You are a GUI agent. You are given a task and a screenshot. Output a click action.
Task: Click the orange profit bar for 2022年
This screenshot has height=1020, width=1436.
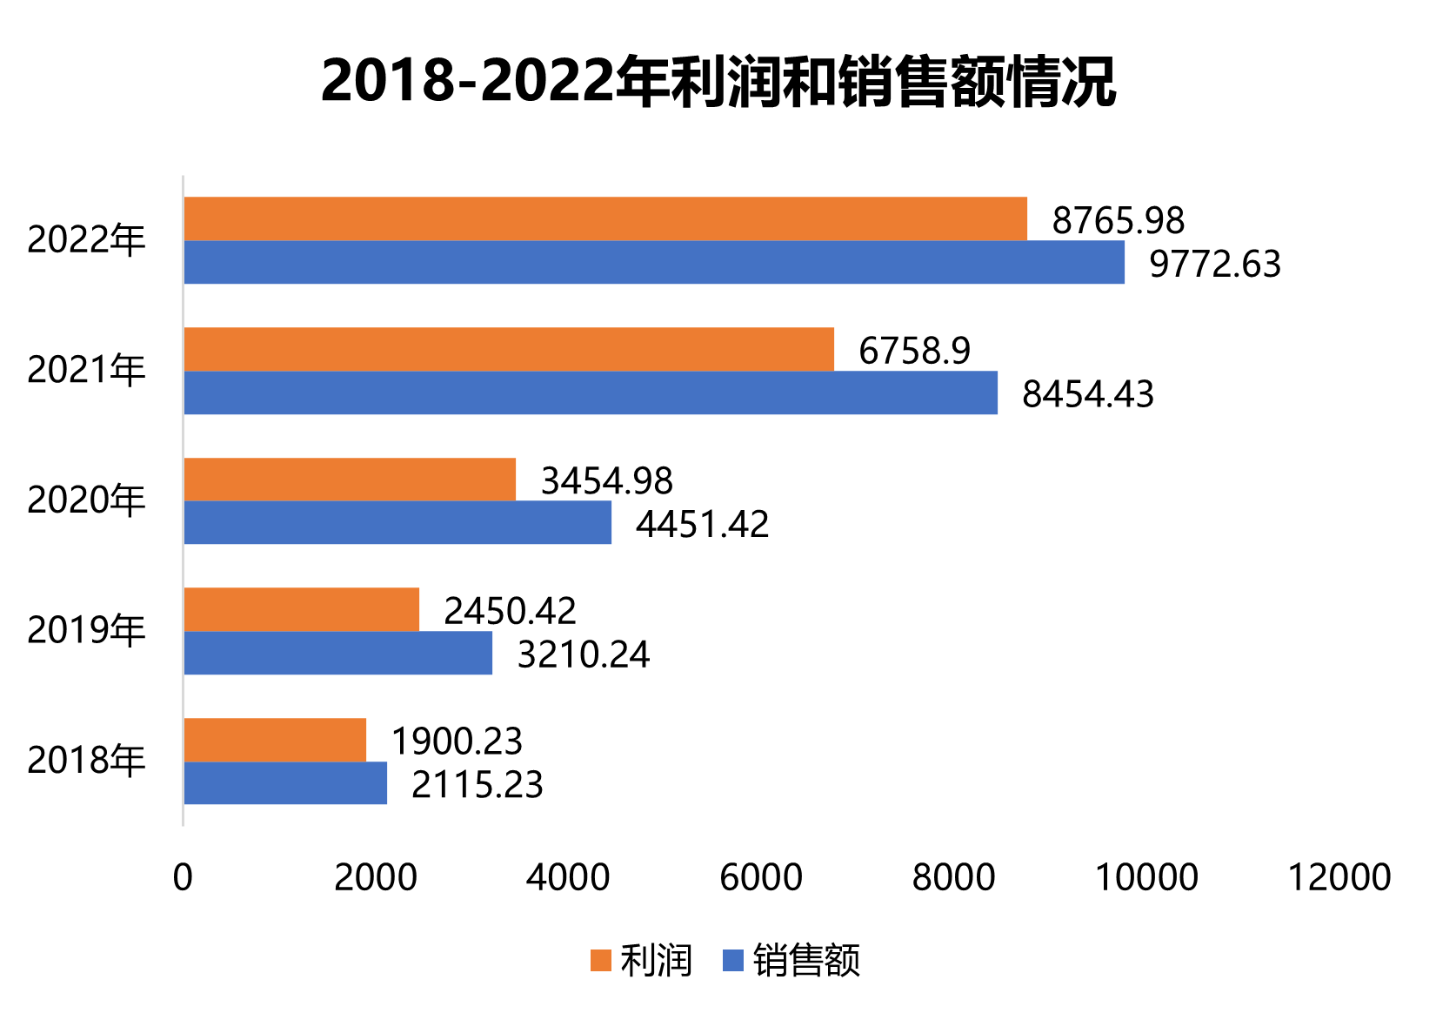(604, 218)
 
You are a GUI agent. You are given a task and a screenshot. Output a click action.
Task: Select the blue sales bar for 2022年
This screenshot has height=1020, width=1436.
(653, 262)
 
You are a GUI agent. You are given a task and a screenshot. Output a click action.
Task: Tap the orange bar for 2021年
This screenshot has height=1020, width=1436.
(508, 349)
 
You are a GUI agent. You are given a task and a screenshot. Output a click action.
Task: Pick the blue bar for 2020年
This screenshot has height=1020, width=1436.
(397, 522)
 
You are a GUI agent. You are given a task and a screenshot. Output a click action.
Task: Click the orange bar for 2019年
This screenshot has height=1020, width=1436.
(301, 609)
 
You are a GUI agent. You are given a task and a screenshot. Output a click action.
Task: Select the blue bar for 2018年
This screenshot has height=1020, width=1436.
(284, 783)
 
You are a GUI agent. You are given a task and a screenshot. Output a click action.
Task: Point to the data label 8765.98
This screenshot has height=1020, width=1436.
(1118, 220)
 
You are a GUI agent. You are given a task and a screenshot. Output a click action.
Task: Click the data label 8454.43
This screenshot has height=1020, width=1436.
(1087, 394)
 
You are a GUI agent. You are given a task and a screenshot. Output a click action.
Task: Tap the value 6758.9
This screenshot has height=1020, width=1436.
(914, 351)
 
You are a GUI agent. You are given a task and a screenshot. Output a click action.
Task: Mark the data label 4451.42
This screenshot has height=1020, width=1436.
(702, 525)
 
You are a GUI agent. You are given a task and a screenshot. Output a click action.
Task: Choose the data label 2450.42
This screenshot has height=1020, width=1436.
(510, 611)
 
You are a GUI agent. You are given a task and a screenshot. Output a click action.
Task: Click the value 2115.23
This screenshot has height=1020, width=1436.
(477, 785)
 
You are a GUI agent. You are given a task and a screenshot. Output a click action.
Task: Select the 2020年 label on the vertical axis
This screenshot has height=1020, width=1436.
(86, 500)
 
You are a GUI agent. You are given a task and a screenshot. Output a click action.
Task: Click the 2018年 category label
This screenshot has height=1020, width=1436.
(86, 761)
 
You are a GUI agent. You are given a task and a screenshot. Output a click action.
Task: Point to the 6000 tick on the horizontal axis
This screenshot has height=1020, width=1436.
(761, 877)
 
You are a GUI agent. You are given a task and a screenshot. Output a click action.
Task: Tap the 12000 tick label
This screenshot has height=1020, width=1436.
(1339, 877)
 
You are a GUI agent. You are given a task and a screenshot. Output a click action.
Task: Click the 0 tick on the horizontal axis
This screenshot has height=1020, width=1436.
(183, 877)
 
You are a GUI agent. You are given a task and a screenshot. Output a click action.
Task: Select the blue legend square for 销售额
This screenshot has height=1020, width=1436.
(733, 961)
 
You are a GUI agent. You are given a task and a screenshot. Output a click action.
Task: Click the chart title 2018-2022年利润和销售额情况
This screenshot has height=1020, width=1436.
(718, 83)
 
